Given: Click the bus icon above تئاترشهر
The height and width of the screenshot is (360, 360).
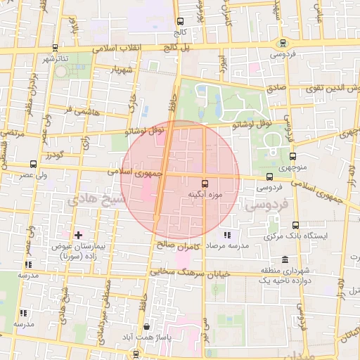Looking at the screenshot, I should click(56, 48).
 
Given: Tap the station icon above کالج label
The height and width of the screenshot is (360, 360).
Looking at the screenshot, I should click(180, 22).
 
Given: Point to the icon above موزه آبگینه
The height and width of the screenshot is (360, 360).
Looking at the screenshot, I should click(205, 183).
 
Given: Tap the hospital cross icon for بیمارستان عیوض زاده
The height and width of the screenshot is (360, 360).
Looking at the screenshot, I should click(77, 234).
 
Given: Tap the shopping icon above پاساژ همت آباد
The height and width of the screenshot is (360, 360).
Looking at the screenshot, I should click(146, 327).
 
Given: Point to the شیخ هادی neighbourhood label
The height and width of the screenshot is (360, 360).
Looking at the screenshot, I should click(91, 200).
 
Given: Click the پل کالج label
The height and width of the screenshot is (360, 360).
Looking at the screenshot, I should click(179, 46).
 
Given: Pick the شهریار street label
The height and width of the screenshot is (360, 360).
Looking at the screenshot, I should click(122, 70).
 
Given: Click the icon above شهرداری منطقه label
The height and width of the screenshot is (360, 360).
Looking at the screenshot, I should click(285, 259).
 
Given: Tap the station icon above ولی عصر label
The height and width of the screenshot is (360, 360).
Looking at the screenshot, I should click(33, 164).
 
